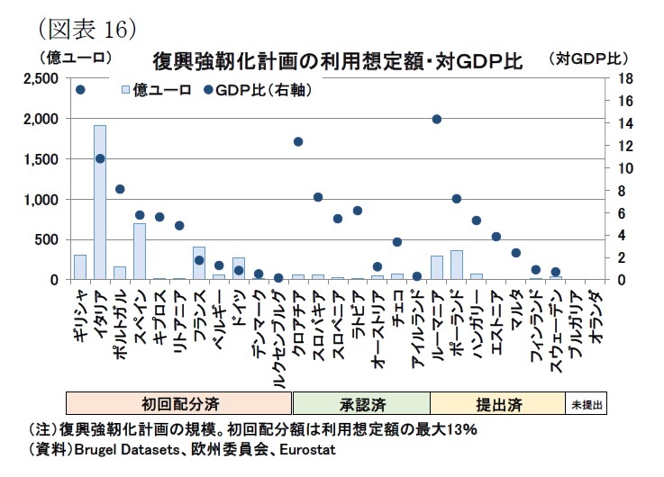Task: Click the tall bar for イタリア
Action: click(100, 202)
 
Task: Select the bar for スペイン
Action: click(140, 252)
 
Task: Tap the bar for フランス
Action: click(199, 264)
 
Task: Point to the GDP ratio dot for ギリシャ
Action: click(80, 90)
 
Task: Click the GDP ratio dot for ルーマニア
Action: click(437, 119)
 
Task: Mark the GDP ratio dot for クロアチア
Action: click(298, 141)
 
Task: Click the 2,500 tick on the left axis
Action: click(41, 79)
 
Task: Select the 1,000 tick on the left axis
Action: click(41, 200)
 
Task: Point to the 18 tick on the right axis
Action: click(615, 79)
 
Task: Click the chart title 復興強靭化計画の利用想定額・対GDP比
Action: click(338, 62)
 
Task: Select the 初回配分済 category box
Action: click(180, 403)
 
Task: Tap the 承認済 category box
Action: click(361, 403)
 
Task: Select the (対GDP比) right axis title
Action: click(587, 59)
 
